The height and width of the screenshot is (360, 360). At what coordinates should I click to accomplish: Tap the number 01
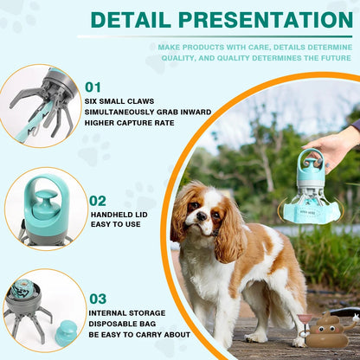point(93,87)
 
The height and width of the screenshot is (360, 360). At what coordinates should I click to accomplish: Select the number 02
point(98,201)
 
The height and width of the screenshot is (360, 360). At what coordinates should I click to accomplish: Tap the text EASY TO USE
point(117,225)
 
